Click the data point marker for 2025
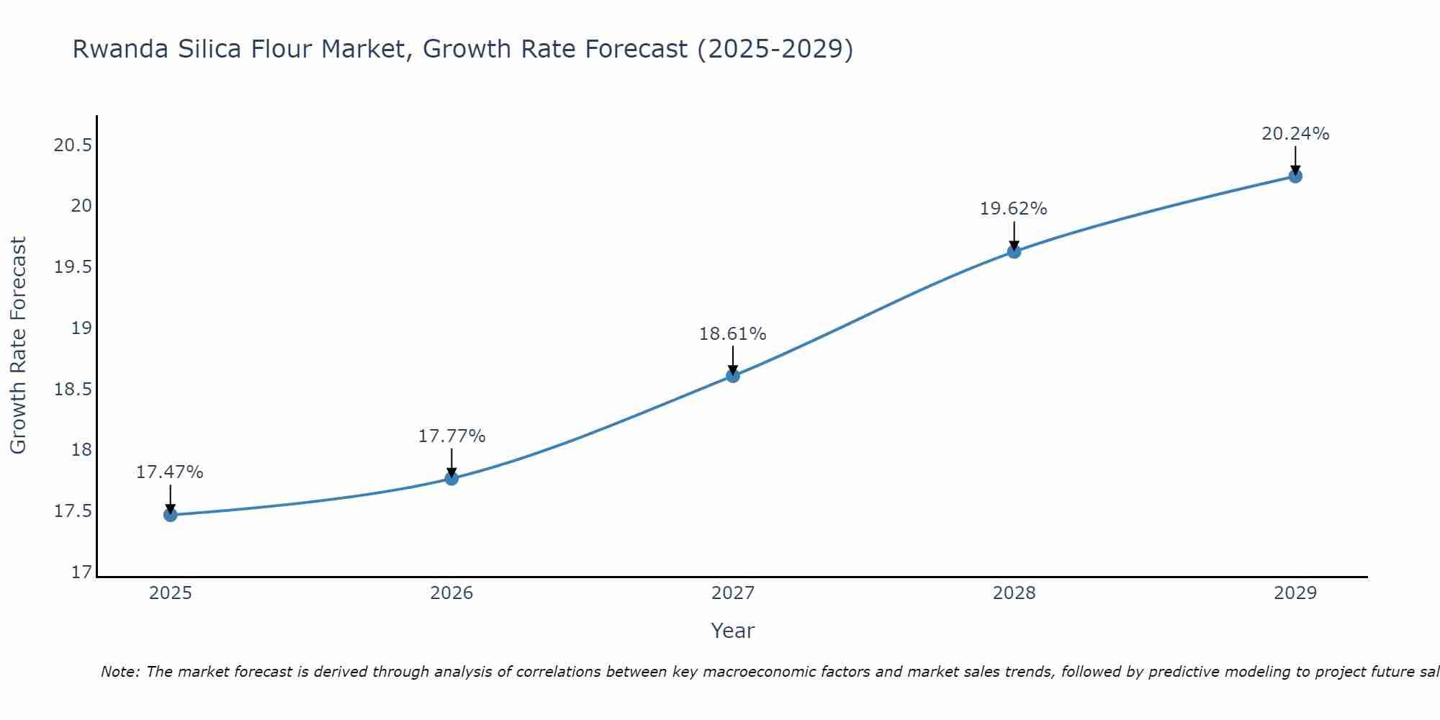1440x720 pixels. click(x=170, y=515)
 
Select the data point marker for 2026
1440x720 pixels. click(x=451, y=478)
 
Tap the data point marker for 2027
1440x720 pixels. click(x=733, y=375)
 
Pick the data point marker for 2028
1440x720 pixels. click(x=1014, y=251)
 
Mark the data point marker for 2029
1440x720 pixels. click(x=1295, y=176)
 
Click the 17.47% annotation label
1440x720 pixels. click(x=170, y=472)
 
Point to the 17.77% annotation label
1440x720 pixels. click(x=451, y=436)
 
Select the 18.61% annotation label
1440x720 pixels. click(x=733, y=333)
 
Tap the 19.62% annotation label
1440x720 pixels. click(x=1014, y=209)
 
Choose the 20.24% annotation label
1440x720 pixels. click(x=1295, y=133)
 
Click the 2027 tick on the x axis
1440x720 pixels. click(x=733, y=593)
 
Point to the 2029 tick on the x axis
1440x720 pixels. click(x=1295, y=593)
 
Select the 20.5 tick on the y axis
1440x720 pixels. click(x=73, y=145)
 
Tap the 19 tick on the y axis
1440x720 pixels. click(x=82, y=328)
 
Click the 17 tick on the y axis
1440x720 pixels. click(x=82, y=572)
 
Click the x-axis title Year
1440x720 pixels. click(x=733, y=631)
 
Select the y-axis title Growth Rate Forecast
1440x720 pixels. click(x=18, y=346)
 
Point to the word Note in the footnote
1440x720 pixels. click(x=120, y=672)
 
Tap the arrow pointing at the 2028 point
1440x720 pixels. click(x=1014, y=235)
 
